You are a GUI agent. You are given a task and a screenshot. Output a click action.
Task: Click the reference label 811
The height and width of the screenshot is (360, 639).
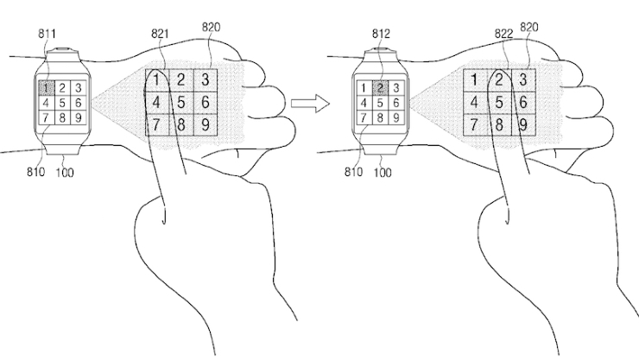coord(47,34)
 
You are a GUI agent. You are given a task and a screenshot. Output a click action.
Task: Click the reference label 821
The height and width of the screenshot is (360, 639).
coord(160,34)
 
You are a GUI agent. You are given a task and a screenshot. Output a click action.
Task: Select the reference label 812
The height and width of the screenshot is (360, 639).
coord(381,34)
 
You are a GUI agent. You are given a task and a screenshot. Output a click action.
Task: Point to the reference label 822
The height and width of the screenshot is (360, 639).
coord(503,34)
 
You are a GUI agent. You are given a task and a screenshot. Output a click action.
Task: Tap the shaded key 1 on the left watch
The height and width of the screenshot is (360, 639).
coord(46,87)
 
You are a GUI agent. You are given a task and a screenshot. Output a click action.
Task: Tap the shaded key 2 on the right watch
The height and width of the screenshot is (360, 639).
coord(379,87)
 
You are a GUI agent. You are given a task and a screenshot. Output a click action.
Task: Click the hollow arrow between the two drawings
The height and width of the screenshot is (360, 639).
coord(310,103)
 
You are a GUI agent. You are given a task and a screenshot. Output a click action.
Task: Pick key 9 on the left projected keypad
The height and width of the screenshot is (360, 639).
coord(206,124)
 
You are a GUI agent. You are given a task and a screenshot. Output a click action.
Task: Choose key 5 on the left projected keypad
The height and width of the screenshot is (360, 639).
coord(181,103)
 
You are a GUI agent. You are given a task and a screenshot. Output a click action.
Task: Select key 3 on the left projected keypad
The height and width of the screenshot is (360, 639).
coord(206,80)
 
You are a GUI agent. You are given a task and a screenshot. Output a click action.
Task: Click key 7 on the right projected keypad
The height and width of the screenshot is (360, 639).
coord(475,124)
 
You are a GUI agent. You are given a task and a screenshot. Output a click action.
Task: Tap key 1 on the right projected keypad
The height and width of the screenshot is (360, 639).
coord(475,80)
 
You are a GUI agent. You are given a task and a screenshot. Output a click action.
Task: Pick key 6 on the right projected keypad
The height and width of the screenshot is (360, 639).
coord(523,103)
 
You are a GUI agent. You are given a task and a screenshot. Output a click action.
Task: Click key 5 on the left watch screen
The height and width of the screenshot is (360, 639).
coord(62,103)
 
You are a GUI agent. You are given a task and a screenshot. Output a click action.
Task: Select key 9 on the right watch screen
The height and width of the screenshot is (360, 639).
coord(395,117)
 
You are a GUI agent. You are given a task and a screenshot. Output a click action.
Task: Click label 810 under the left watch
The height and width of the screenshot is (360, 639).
coord(35,172)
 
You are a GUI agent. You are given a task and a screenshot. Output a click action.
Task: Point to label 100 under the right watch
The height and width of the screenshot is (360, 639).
coord(383,173)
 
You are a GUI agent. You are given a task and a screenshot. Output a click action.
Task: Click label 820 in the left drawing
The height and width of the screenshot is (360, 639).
coord(211,28)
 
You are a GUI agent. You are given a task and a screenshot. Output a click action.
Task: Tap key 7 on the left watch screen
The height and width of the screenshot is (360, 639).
coord(46,117)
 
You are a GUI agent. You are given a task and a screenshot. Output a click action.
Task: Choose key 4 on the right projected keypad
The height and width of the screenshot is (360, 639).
coord(475,103)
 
